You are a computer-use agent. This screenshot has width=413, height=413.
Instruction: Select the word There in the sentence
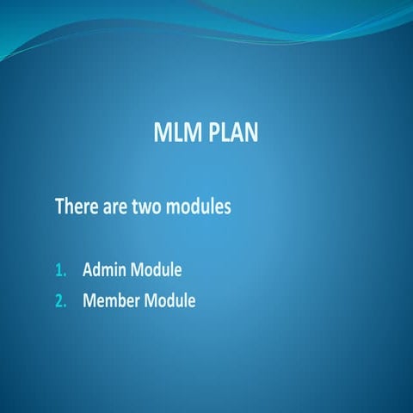coord(75,207)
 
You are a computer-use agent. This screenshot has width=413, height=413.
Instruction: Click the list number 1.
coord(60,270)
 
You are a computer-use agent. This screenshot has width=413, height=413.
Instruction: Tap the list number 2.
coord(60,301)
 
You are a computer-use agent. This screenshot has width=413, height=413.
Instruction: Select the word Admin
coord(104,270)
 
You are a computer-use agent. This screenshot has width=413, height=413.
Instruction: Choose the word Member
coord(111,301)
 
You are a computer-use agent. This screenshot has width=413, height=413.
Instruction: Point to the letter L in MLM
coord(176,134)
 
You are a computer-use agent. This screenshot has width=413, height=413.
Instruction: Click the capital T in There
coord(59,207)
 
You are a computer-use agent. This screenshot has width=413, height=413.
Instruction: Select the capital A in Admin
coord(88,270)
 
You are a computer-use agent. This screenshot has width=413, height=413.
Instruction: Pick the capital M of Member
coord(89,301)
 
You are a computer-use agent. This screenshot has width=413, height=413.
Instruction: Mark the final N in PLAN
coord(250,134)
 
